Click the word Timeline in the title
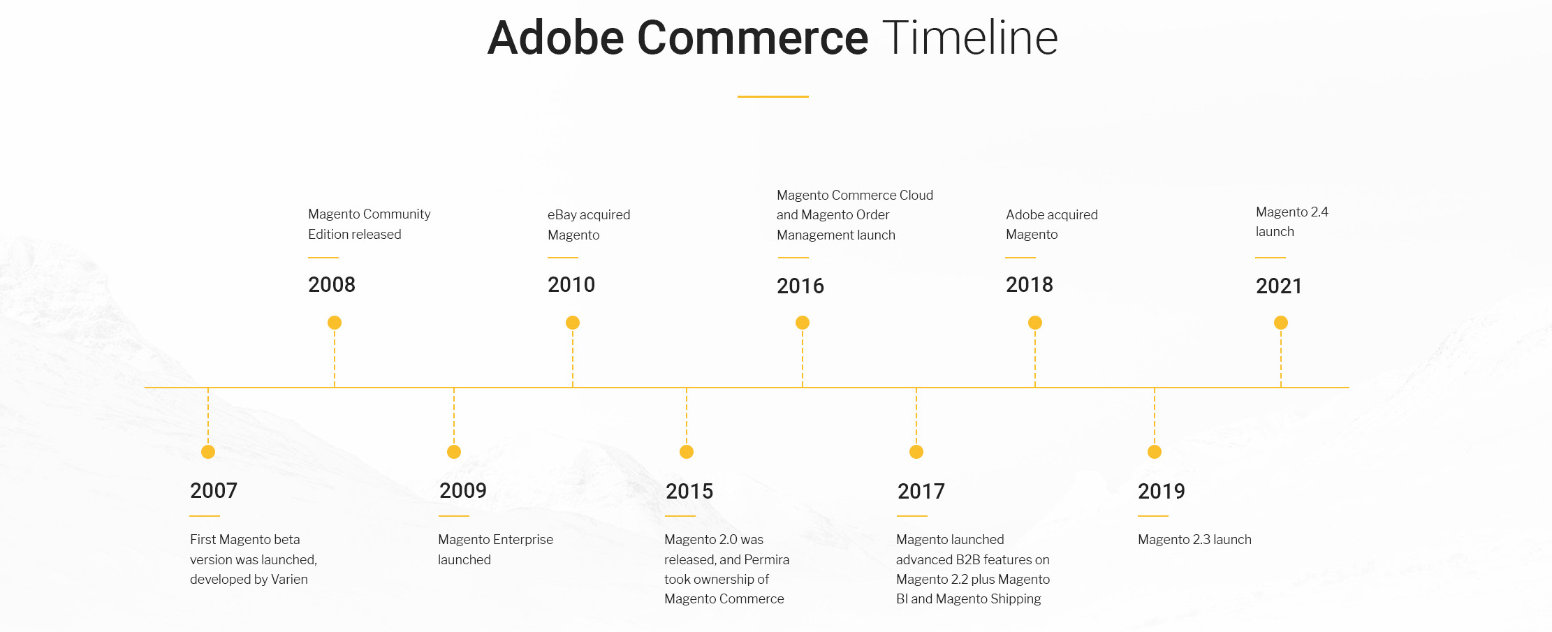click(970, 38)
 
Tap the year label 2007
click(214, 491)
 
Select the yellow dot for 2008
click(335, 323)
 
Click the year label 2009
click(463, 491)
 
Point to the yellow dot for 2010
click(573, 323)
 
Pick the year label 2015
click(689, 492)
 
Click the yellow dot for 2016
click(803, 323)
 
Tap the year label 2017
click(921, 492)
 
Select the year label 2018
click(1030, 285)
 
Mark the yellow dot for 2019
click(1155, 452)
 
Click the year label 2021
click(1279, 286)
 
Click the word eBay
click(562, 215)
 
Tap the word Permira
click(766, 560)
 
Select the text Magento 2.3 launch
click(1194, 540)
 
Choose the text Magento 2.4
click(1292, 212)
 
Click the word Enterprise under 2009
click(525, 540)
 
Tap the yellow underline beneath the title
click(773, 96)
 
